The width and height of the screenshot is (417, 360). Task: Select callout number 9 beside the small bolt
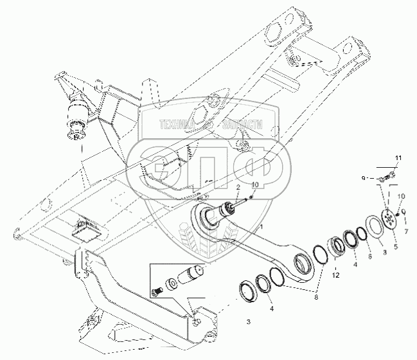coord(363,178)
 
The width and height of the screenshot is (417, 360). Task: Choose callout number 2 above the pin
coord(237,187)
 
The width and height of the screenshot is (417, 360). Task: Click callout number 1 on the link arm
coord(261,228)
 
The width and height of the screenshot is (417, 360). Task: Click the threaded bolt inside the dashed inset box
coord(155,293)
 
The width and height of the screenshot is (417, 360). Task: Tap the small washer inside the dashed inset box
coord(173,285)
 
